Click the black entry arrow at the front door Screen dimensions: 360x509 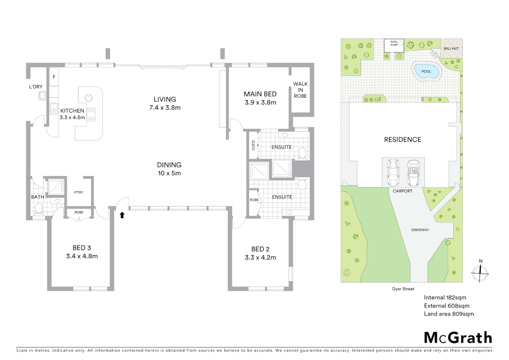(122, 215)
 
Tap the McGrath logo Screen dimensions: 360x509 (458, 338)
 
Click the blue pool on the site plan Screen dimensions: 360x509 (426, 71)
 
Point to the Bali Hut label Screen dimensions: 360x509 (451, 49)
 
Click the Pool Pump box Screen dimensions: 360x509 (394, 45)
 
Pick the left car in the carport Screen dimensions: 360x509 (393, 173)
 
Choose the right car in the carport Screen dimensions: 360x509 (413, 173)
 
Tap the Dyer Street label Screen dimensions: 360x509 (403, 289)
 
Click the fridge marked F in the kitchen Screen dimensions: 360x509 (54, 77)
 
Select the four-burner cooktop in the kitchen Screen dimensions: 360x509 (91, 114)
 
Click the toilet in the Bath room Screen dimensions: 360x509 (39, 209)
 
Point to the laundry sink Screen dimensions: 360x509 (43, 96)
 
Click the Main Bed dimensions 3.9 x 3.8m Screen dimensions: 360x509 (260, 103)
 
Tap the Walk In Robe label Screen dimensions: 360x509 (300, 90)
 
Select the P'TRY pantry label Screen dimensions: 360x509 (79, 192)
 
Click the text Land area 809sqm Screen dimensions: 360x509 (449, 314)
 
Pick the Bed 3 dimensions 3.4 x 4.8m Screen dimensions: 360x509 (82, 256)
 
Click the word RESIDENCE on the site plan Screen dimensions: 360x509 (402, 140)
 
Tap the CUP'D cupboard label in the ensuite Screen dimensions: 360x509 (254, 145)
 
